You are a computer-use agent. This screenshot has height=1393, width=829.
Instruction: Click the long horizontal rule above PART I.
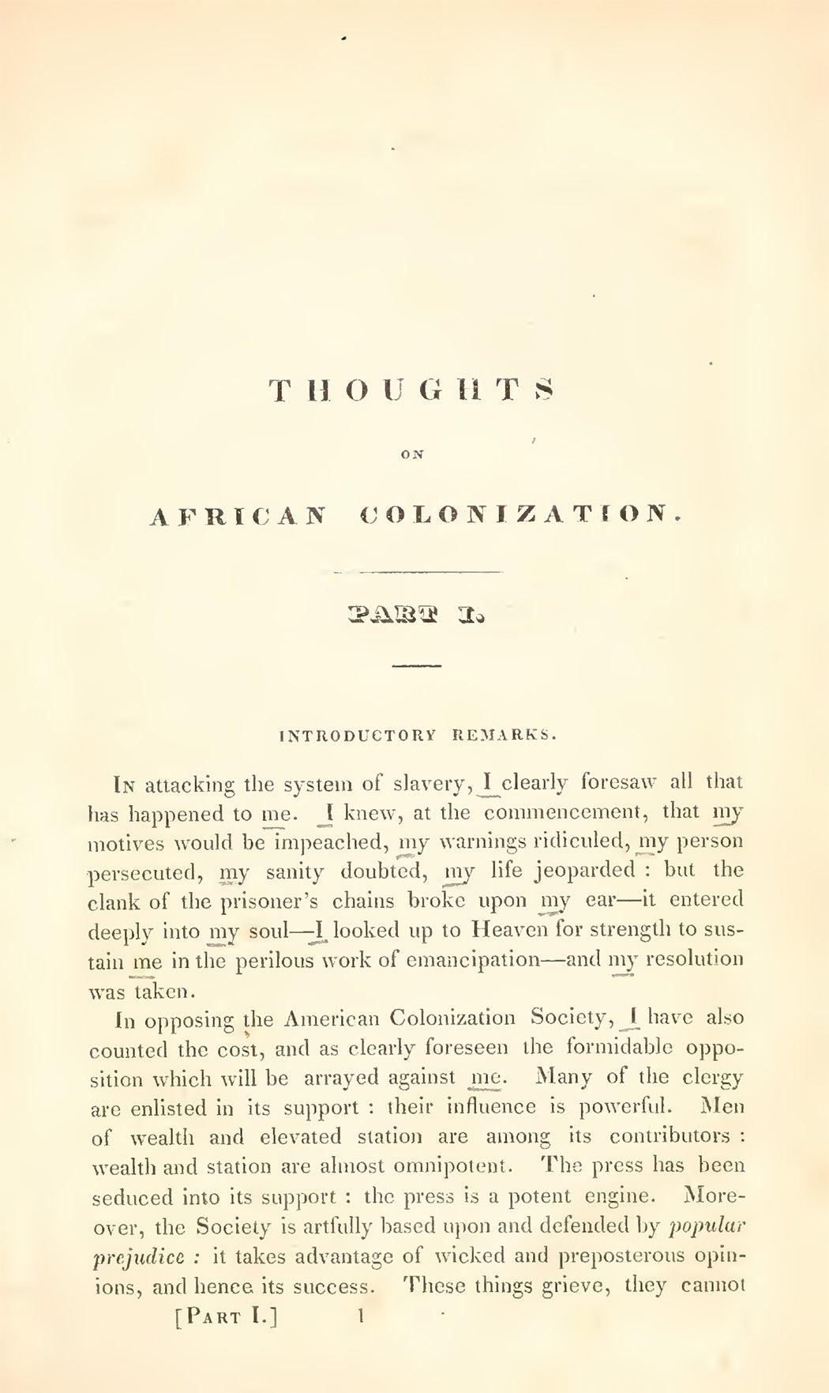point(418,571)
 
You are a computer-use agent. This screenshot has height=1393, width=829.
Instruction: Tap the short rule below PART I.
point(417,668)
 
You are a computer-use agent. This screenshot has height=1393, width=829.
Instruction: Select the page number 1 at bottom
point(361,1316)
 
